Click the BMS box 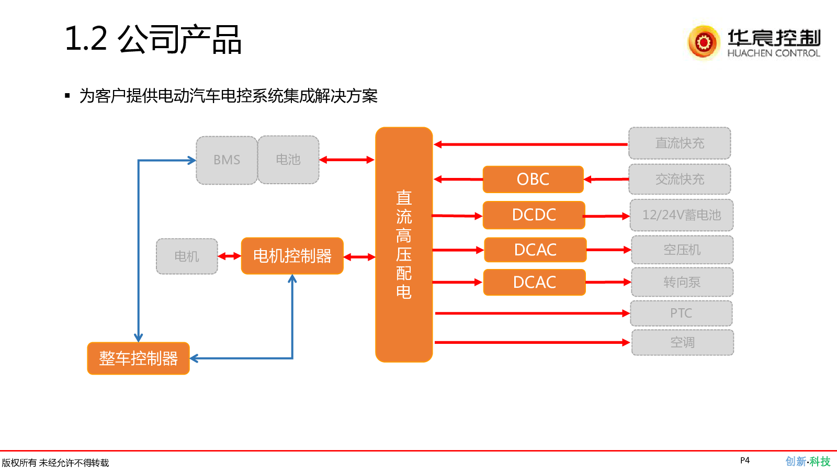227,160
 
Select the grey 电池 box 288,160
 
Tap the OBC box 533,180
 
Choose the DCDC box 534,215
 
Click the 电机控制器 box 292,256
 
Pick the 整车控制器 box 138,358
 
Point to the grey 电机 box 187,256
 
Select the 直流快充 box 680,143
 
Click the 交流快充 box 680,180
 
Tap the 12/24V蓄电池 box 681,215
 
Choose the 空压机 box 682,250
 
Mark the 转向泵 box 682,283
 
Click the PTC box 681,313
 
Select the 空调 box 682,343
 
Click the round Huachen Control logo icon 704,42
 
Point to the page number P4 745,461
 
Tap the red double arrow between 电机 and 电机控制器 229,256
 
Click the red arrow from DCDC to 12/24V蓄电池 607,216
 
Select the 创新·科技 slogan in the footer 808,462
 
